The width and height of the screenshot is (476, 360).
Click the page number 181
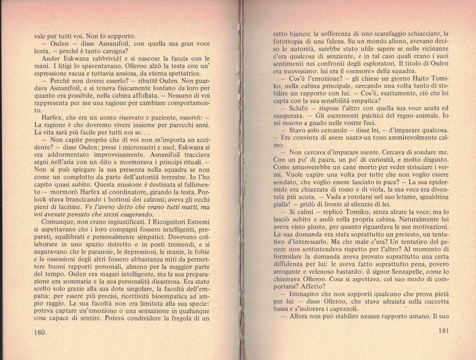439,331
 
